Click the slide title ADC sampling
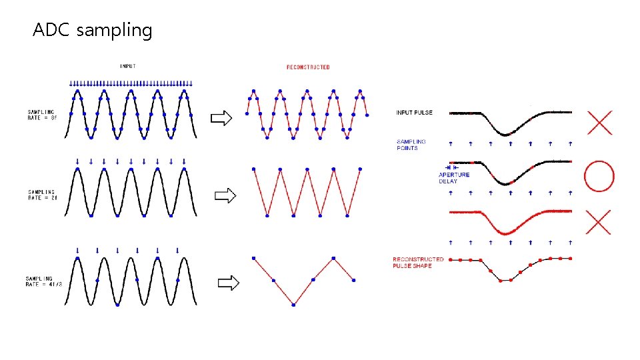(93, 31)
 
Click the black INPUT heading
(129, 66)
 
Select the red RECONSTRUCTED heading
(308, 67)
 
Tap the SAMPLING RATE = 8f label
(42, 114)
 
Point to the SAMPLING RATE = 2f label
(42, 195)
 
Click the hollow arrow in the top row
(221, 119)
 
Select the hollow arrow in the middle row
(226, 195)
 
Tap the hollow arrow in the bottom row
(229, 283)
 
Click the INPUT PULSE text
(414, 113)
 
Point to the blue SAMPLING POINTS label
(411, 145)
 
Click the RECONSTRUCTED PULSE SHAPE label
(418, 262)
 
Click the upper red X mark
(599, 122)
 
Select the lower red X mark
(599, 222)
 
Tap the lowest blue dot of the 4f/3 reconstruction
(294, 305)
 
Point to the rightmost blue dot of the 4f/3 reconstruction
(354, 280)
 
